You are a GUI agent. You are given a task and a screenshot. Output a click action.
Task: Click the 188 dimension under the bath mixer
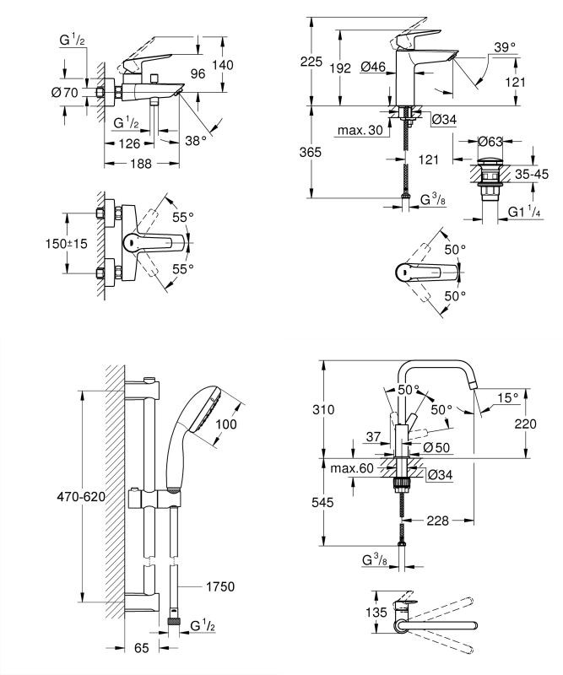click(139, 165)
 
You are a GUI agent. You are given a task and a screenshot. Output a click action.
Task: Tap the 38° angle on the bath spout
click(197, 143)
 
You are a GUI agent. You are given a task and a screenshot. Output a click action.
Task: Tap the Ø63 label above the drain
click(491, 141)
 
